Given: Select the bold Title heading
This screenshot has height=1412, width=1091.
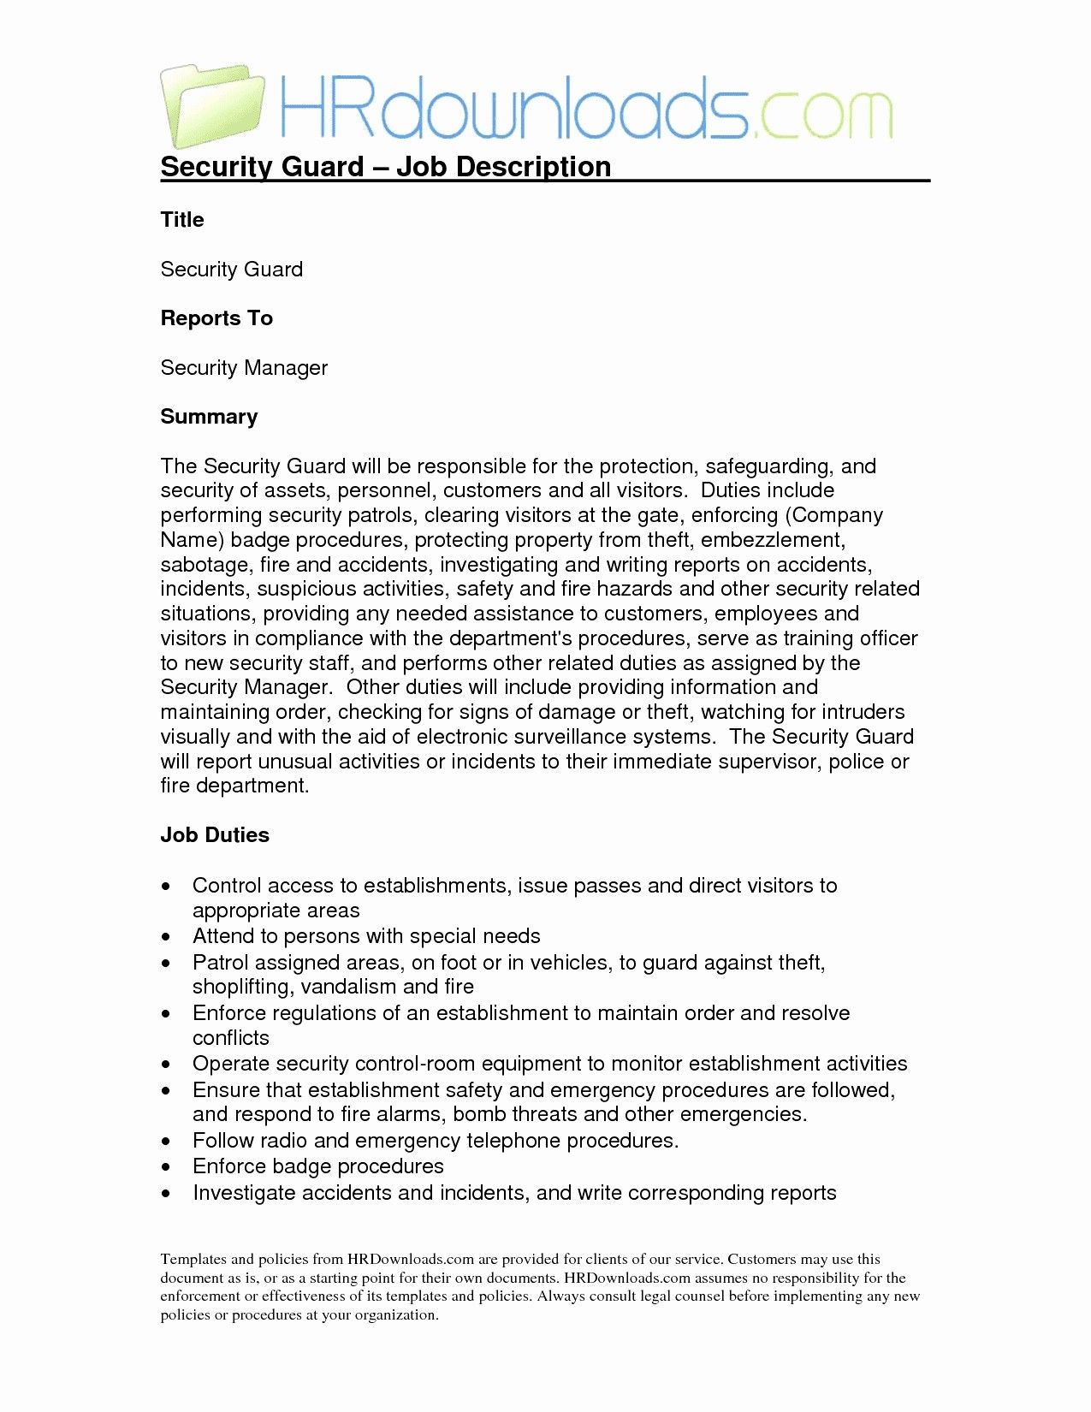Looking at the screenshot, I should tap(182, 220).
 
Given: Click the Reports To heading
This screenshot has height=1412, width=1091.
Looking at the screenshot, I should tap(216, 318).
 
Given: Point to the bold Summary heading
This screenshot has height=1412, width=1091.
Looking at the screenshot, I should tap(209, 417).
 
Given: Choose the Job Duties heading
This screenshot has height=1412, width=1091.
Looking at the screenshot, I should tap(215, 835).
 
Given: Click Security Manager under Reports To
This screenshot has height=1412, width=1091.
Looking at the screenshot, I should tap(244, 368).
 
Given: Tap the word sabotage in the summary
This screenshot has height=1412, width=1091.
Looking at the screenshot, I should tap(205, 566).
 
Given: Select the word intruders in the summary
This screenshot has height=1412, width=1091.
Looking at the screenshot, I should tap(863, 712).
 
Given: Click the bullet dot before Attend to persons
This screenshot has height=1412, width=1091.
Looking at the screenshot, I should tap(166, 937).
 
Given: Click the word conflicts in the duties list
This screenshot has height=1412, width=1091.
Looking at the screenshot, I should tap(230, 1038).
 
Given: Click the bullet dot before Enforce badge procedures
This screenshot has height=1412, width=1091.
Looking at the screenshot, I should tap(166, 1167).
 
